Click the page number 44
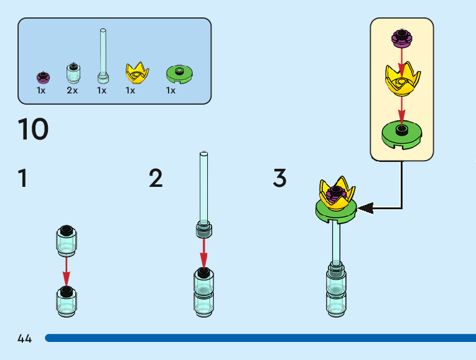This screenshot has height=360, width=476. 25,339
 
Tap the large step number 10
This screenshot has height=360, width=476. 33,130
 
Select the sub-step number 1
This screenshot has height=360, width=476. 23,179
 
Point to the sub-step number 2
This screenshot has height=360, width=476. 156,179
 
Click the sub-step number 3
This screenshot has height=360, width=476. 279,179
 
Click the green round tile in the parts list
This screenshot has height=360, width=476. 180,73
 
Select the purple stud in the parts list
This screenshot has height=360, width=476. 43,77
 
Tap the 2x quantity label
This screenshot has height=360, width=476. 72,90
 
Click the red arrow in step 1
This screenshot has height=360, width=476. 67,270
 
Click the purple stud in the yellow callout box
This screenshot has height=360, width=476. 402,39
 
